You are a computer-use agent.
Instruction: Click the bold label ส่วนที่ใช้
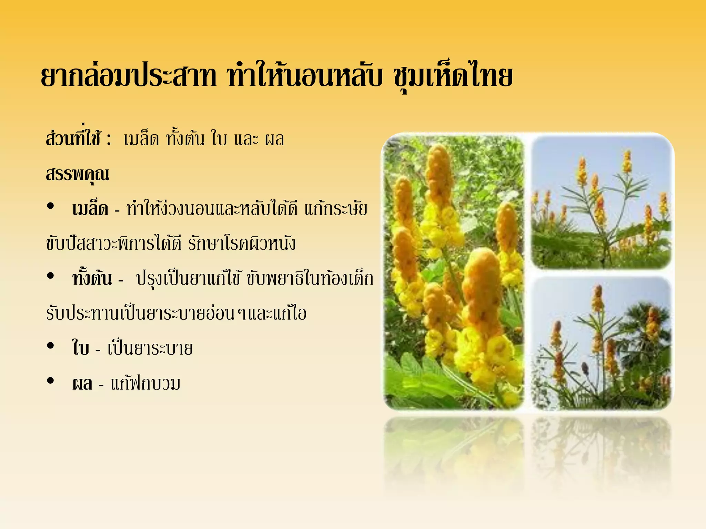click(x=73, y=139)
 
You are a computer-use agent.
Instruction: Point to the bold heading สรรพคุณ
click(x=78, y=174)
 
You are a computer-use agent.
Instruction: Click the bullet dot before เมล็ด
click(x=51, y=206)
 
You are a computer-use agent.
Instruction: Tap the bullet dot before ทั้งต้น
click(x=51, y=276)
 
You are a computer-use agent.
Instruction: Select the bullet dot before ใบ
click(x=51, y=346)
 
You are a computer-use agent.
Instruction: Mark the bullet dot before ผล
click(x=51, y=381)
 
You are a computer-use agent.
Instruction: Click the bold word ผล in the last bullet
click(x=82, y=383)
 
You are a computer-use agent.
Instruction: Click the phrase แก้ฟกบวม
click(x=145, y=383)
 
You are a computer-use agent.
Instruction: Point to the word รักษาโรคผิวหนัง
click(x=242, y=243)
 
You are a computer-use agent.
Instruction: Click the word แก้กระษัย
click(x=336, y=209)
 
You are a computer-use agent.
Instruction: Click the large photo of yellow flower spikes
click(x=454, y=272)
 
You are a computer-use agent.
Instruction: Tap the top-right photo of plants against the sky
click(x=601, y=203)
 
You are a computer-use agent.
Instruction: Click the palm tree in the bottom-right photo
click(x=645, y=331)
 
